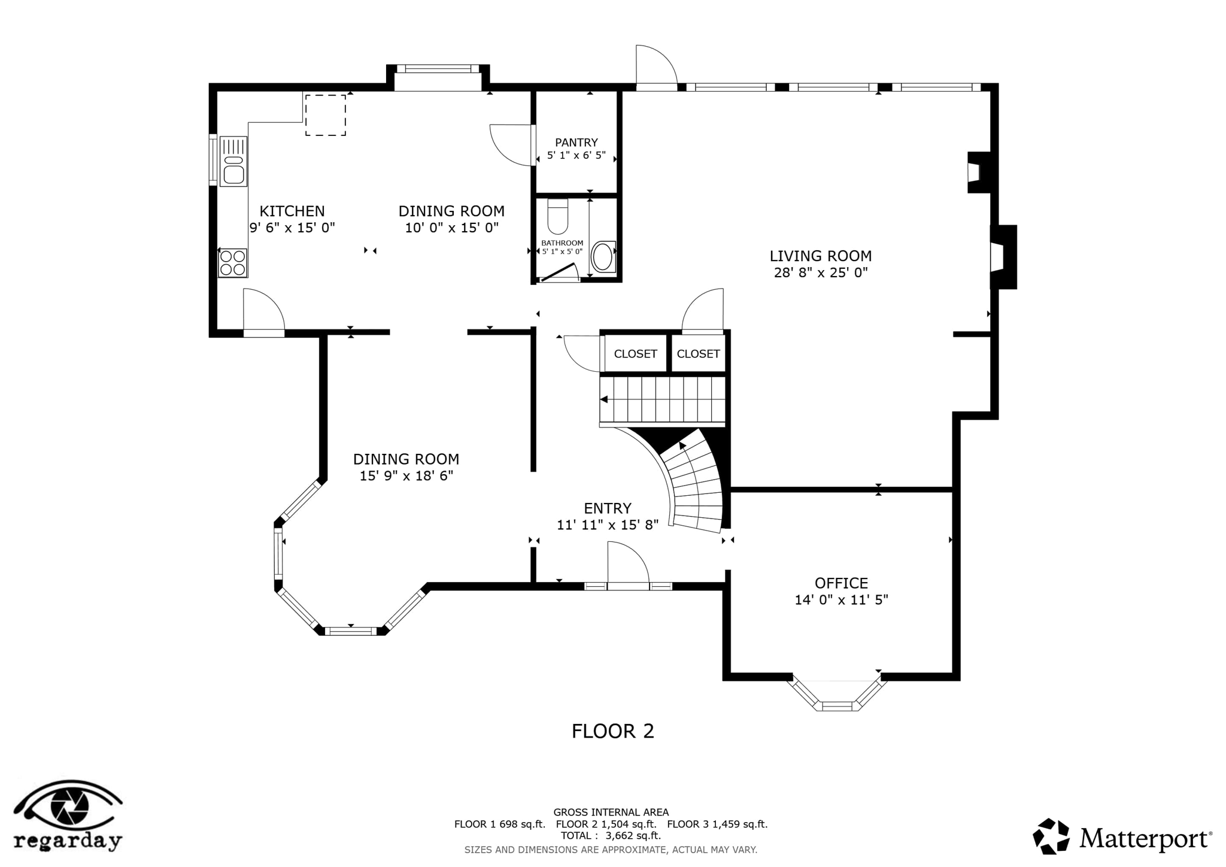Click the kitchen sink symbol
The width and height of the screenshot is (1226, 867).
pos(233,161)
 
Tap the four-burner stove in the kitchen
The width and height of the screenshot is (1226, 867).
pos(232,263)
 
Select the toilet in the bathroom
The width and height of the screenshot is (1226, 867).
pos(557,217)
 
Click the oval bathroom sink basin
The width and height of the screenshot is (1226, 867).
pos(602,257)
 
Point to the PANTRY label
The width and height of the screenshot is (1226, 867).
pos(576,143)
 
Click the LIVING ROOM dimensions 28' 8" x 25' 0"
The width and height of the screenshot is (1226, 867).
pos(820,273)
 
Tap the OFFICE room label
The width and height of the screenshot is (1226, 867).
pos(841,583)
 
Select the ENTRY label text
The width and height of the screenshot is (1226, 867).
pos(607,508)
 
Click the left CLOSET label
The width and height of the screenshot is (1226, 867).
pos(635,354)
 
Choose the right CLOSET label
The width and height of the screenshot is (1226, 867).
pos(698,354)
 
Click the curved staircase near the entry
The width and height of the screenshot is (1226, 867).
pos(694,485)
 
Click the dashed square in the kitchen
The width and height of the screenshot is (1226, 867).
pos(326,115)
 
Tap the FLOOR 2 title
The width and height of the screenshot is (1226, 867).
pos(612,731)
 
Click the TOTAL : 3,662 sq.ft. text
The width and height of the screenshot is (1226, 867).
pos(611,835)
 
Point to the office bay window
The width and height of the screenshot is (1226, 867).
pos(837,697)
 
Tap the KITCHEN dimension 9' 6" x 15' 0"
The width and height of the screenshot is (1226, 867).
pos(292,228)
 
